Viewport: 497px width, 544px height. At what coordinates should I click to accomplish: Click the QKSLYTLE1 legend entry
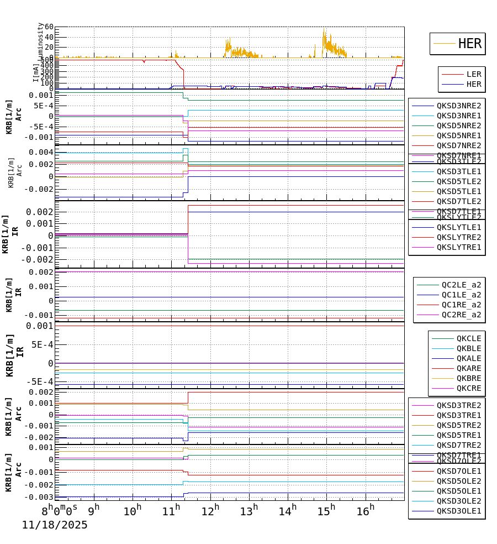click(x=458, y=227)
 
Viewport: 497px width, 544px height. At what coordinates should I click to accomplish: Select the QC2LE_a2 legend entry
click(x=461, y=285)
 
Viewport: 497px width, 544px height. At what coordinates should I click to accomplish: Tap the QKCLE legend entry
click(x=468, y=338)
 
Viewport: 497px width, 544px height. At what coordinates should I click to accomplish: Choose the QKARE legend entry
click(x=468, y=368)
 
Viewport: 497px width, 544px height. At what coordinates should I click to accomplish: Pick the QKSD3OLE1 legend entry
click(x=458, y=511)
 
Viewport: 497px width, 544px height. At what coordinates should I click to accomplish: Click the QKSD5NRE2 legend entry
click(x=458, y=125)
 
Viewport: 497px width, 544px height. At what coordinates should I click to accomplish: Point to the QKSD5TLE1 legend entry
click(x=458, y=191)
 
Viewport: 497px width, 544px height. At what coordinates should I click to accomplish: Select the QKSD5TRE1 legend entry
click(x=458, y=435)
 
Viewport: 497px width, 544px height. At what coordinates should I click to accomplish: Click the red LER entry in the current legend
click(x=473, y=74)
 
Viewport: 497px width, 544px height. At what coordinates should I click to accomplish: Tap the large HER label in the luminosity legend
click(x=469, y=44)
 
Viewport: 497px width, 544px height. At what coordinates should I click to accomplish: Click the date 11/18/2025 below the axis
click(x=55, y=525)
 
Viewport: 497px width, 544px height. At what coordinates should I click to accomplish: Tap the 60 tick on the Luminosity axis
click(x=46, y=27)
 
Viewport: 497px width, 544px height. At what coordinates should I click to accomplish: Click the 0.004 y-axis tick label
click(x=43, y=152)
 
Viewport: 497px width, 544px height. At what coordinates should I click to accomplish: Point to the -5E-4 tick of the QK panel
click(x=41, y=381)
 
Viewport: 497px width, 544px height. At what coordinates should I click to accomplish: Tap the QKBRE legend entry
click(x=468, y=378)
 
